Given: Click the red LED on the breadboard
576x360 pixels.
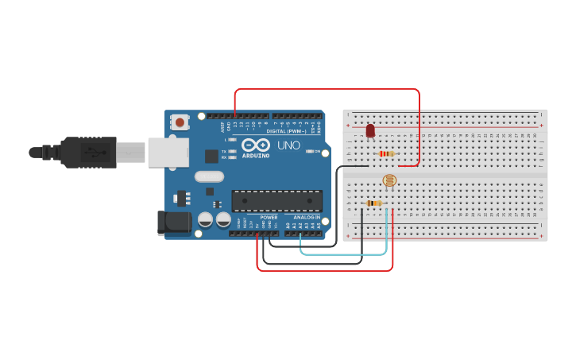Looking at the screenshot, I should coord(370,130).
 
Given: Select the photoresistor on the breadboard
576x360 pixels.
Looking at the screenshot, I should coord(389,182).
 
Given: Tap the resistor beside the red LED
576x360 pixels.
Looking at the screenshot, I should coord(386,153).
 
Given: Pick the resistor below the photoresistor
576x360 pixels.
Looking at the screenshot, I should coord(373,203).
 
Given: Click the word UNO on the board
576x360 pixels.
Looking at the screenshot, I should coord(288,145).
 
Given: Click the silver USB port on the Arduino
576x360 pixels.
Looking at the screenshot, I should coord(168,152).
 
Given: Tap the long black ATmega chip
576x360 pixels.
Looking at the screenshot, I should coord(276,201).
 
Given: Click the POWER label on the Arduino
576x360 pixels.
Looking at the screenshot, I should coord(269,217).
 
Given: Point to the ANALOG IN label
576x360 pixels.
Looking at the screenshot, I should coord(307,217).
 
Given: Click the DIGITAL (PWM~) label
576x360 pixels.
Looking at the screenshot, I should coord(287,131).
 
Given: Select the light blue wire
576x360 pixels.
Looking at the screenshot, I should coord(344,254).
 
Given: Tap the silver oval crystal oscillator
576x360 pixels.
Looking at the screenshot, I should coord(209,176).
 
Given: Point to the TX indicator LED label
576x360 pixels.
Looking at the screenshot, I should coord(224,150).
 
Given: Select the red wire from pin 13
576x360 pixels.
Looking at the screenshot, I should coord(326,89).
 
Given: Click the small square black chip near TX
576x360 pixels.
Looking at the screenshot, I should coord(212,156).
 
